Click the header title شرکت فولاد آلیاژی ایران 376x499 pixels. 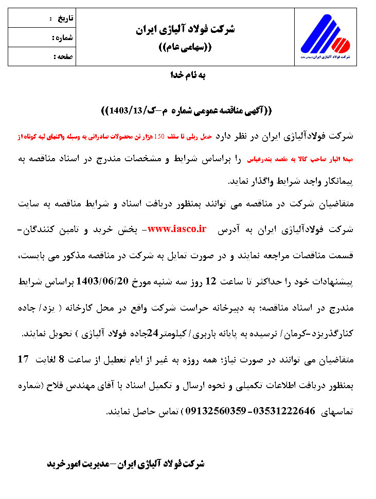pyautogui.click(x=186, y=29)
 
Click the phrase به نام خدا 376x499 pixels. pyautogui.click(x=188, y=75)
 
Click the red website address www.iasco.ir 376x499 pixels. pyautogui.click(x=177, y=229)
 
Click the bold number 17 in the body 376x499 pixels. pyautogui.click(x=23, y=359)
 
